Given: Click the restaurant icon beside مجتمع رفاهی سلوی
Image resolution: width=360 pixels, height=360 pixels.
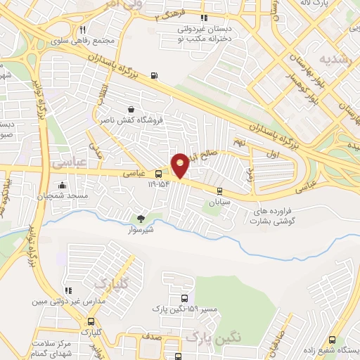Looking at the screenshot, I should [83, 30].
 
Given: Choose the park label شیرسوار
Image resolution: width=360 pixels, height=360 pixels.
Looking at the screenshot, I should [140, 229].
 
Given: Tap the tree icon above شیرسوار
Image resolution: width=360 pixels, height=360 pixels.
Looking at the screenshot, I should [140, 219].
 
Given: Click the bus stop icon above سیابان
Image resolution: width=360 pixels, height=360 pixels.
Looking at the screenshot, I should [219, 191].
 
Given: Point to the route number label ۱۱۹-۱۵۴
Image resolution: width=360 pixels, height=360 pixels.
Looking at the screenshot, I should [160, 184].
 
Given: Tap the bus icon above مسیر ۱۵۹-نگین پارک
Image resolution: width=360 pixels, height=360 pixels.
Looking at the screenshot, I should [184, 298].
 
